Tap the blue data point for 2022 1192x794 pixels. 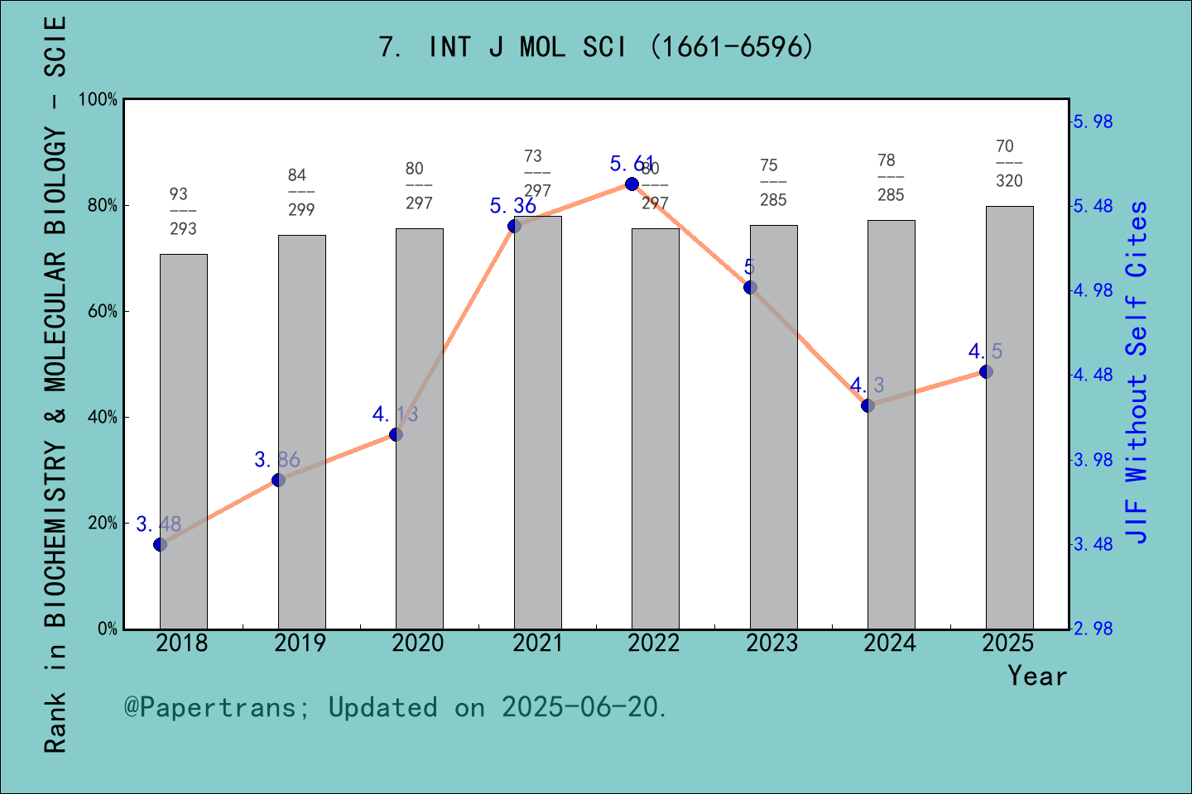click(632, 184)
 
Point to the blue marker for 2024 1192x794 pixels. click(868, 405)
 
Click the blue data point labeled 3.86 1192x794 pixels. click(278, 480)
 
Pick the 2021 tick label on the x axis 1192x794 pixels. click(537, 643)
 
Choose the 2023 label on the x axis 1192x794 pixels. click(771, 643)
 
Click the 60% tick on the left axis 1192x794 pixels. click(103, 312)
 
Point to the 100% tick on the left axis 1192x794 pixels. click(99, 100)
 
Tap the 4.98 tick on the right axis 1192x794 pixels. click(1093, 290)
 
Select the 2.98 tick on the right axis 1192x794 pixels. click(1093, 629)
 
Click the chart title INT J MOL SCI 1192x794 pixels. click(596, 47)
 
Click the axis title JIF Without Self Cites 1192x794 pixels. click(1137, 372)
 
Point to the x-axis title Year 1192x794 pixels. click(1036, 676)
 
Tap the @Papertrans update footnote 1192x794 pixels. click(396, 707)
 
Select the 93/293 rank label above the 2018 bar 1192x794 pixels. click(182, 211)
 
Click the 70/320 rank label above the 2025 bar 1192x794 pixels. click(1008, 163)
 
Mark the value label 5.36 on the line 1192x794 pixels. click(512, 206)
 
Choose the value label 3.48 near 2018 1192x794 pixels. click(158, 524)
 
